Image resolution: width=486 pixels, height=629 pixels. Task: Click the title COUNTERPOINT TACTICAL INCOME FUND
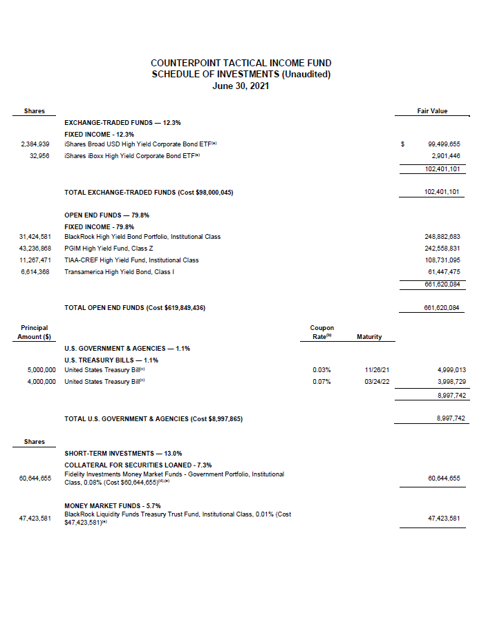(x=241, y=63)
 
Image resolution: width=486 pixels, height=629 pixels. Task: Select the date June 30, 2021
(x=241, y=86)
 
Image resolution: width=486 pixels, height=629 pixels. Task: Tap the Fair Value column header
(x=432, y=111)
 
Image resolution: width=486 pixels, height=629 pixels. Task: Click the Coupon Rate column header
(x=322, y=332)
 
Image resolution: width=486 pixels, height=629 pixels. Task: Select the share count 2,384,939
(x=35, y=144)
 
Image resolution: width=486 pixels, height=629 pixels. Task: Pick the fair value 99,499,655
(x=444, y=144)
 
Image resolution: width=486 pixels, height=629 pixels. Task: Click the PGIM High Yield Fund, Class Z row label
(x=107, y=249)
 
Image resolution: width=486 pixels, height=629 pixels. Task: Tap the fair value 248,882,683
(x=442, y=237)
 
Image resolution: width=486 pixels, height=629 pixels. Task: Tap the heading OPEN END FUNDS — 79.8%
(x=107, y=215)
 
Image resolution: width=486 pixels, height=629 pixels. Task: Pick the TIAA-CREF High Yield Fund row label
(x=131, y=260)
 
